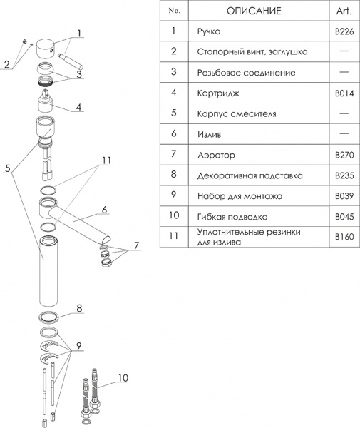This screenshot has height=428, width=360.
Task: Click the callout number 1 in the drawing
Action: (x=80, y=32)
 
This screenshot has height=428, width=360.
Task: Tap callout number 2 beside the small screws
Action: (x=6, y=64)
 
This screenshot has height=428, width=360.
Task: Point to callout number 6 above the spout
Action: (x=104, y=210)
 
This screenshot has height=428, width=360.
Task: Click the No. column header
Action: (x=173, y=11)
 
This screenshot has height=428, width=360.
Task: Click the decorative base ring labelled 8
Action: (x=48, y=316)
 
